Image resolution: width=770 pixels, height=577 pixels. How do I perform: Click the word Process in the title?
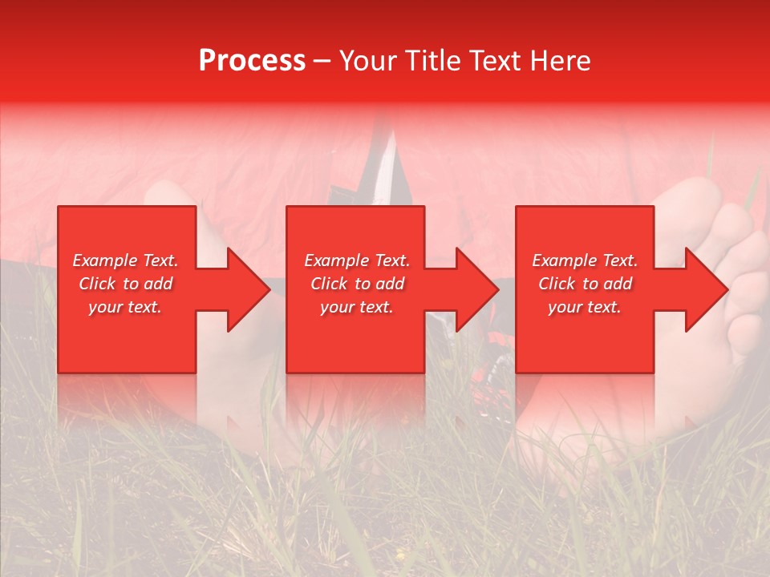pos(252,61)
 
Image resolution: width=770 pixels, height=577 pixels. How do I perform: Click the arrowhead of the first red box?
pos(248,289)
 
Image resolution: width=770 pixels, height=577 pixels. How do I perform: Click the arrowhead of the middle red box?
pos(476,289)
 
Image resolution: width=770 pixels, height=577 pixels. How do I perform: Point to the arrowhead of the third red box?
pos(706,289)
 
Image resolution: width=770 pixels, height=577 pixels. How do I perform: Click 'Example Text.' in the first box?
pos(126,260)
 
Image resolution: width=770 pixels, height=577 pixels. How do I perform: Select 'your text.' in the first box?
pos(126,307)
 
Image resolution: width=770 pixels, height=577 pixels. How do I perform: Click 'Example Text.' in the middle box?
pos(357,260)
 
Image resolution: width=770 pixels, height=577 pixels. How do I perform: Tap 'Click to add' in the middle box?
pos(357,284)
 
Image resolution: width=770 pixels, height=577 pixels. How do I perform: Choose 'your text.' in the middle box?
pos(357,307)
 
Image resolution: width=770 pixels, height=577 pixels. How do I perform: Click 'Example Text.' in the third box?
pos(585,260)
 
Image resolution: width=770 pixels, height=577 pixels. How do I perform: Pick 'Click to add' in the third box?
pos(585,284)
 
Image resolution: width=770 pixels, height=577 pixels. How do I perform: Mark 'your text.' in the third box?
pos(585,307)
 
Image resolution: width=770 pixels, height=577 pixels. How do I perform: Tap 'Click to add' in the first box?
pos(126,284)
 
